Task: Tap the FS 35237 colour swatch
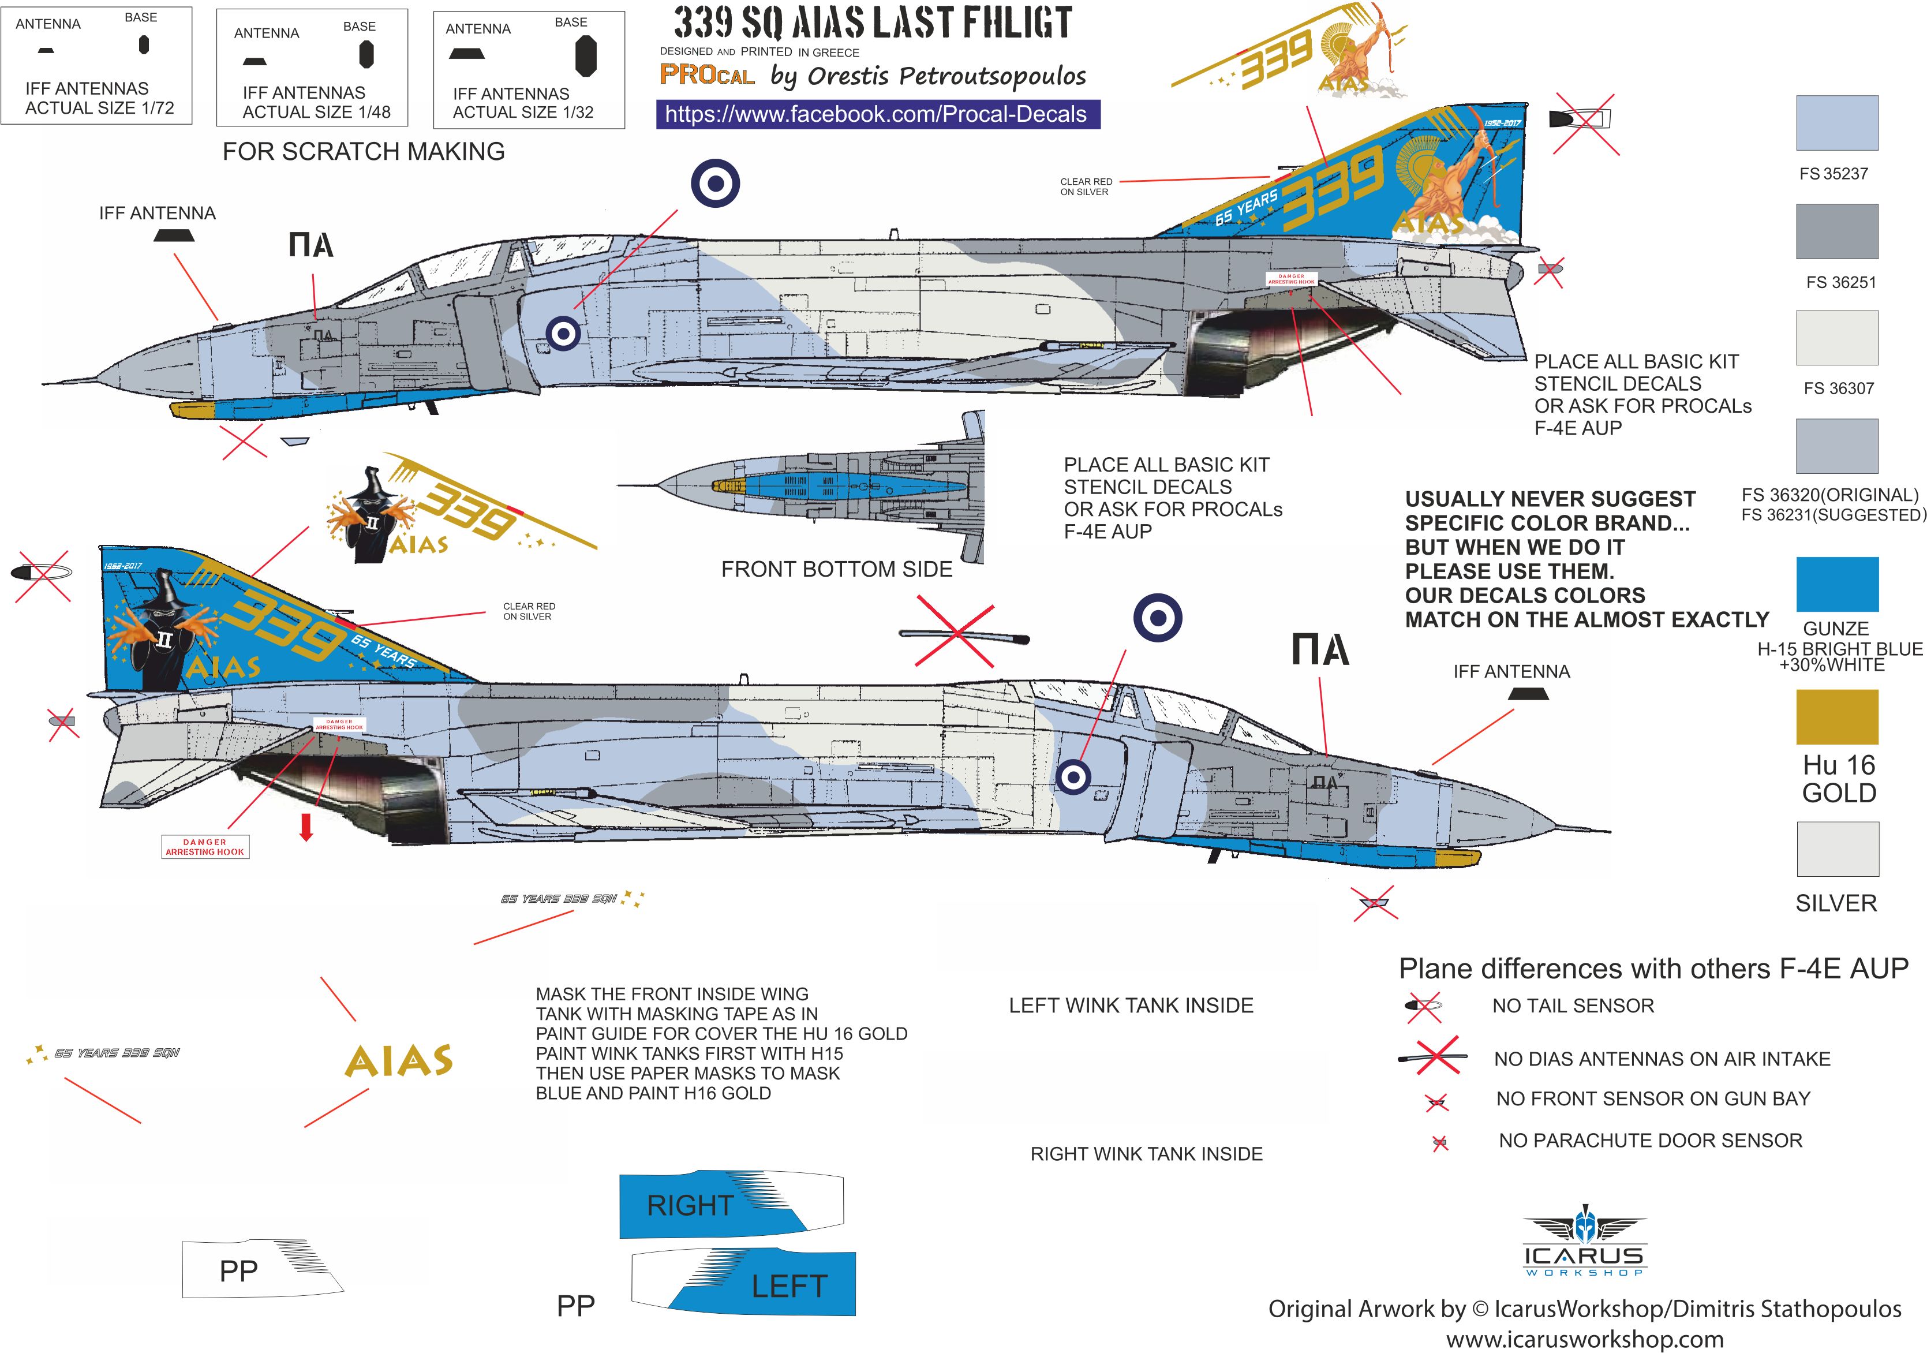[x=1836, y=122]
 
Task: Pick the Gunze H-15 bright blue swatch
[x=1836, y=584]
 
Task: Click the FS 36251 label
[x=1840, y=282]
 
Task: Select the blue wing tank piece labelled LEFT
[x=755, y=1284]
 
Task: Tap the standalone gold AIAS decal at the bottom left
[x=399, y=1061]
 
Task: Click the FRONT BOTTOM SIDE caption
[x=836, y=569]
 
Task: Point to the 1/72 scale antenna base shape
[x=144, y=44]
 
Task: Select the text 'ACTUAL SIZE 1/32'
[x=522, y=113]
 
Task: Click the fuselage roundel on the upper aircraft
[x=563, y=333]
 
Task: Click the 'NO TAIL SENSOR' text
[x=1572, y=1006]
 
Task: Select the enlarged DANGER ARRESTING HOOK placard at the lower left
[x=205, y=846]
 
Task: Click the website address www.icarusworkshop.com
[x=1584, y=1339]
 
